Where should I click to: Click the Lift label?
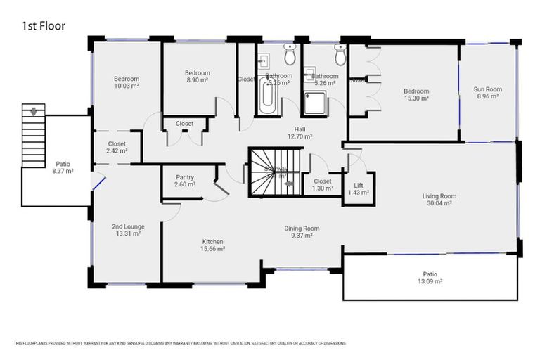358,186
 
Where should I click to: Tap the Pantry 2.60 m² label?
184,181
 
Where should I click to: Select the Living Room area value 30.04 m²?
439,203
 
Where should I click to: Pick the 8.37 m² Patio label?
63,167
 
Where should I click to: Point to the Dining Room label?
302,228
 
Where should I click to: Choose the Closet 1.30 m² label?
323,184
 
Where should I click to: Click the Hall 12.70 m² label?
300,132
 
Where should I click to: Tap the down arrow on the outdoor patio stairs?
32,111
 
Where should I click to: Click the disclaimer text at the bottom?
180,343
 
